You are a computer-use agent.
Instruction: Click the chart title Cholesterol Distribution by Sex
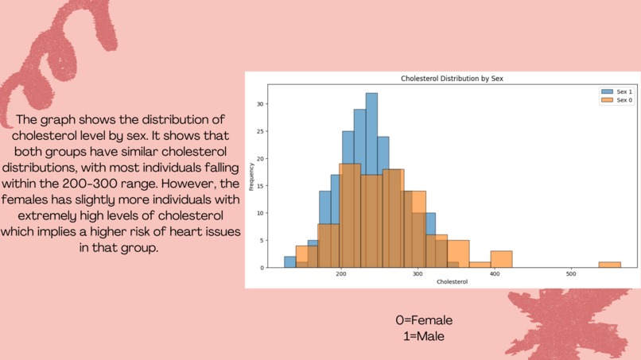(452, 79)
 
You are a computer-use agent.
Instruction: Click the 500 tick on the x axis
(571, 273)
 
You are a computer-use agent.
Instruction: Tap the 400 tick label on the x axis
(494, 273)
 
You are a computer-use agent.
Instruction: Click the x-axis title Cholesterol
(452, 282)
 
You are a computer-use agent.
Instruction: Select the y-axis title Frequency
(251, 177)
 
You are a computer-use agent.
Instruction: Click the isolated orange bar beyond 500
(609, 264)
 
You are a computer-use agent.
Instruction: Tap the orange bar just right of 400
(501, 259)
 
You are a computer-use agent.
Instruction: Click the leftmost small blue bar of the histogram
(289, 261)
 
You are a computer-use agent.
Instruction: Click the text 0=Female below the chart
(424, 320)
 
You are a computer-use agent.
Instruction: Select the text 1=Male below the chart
(424, 336)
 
